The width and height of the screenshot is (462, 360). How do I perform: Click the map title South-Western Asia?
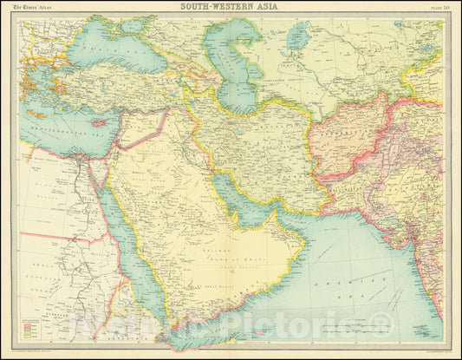(230, 7)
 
